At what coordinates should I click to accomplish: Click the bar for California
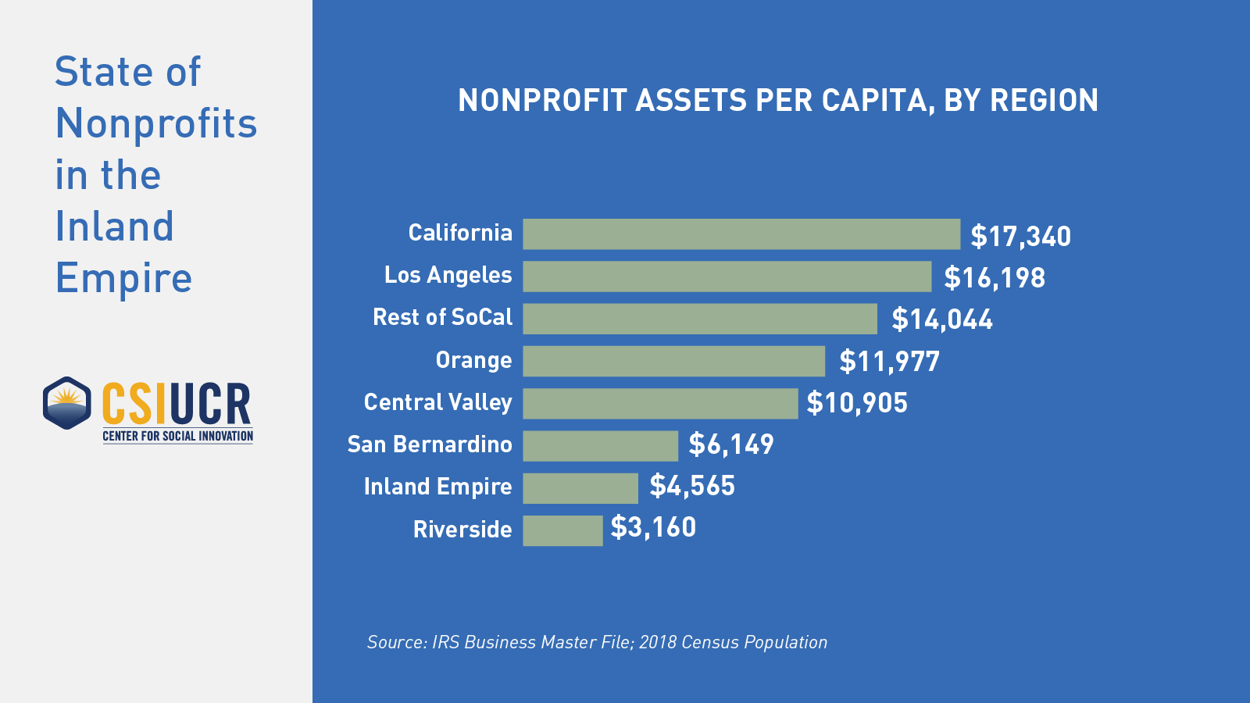(741, 234)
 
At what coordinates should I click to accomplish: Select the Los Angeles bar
(727, 277)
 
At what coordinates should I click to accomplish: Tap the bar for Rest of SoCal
(700, 319)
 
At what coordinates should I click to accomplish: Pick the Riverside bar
(562, 530)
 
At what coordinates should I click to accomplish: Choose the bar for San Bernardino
(600, 446)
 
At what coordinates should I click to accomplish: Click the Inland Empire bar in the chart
(580, 488)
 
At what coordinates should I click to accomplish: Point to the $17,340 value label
(1020, 236)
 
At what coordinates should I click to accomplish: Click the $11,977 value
(889, 362)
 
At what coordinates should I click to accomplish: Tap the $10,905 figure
(857, 403)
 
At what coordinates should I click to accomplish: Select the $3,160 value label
(653, 527)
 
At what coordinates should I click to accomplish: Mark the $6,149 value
(730, 444)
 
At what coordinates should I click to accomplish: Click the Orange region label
(473, 360)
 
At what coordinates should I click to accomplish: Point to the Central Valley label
(437, 402)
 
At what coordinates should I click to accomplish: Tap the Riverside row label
(462, 530)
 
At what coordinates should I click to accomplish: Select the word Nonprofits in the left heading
(156, 123)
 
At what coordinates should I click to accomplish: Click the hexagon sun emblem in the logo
(67, 403)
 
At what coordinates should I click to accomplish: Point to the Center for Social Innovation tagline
(177, 436)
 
